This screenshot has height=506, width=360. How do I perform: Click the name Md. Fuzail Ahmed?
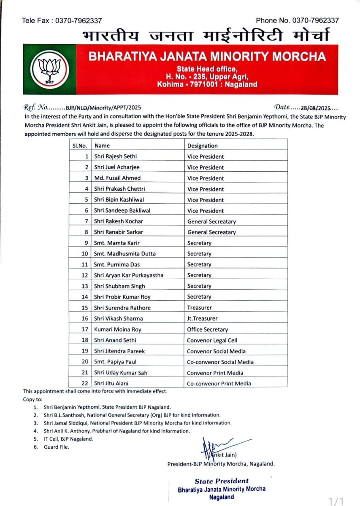click(x=116, y=178)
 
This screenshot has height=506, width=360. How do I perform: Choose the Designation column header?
click(x=203, y=146)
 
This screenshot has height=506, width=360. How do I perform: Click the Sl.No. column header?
click(x=80, y=146)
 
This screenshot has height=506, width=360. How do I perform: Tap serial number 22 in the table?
click(x=85, y=383)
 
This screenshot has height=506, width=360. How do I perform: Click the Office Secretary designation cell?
click(x=208, y=329)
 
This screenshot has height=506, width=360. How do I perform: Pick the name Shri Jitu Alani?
click(x=112, y=383)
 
